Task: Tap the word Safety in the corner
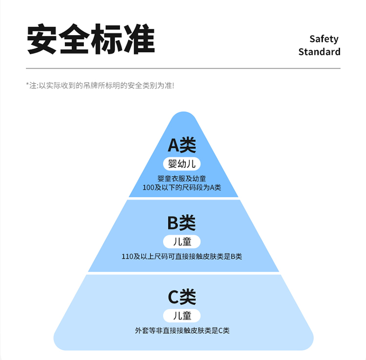click(x=324, y=39)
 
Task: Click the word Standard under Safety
click(x=319, y=52)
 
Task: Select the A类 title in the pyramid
click(x=182, y=145)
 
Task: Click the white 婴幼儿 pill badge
click(x=182, y=163)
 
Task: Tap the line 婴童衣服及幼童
click(x=182, y=179)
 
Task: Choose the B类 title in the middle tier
click(x=182, y=223)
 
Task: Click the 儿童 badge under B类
click(x=182, y=241)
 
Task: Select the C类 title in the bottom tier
click(x=182, y=297)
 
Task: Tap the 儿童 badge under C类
click(x=182, y=315)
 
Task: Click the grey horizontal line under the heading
click(x=183, y=68)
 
